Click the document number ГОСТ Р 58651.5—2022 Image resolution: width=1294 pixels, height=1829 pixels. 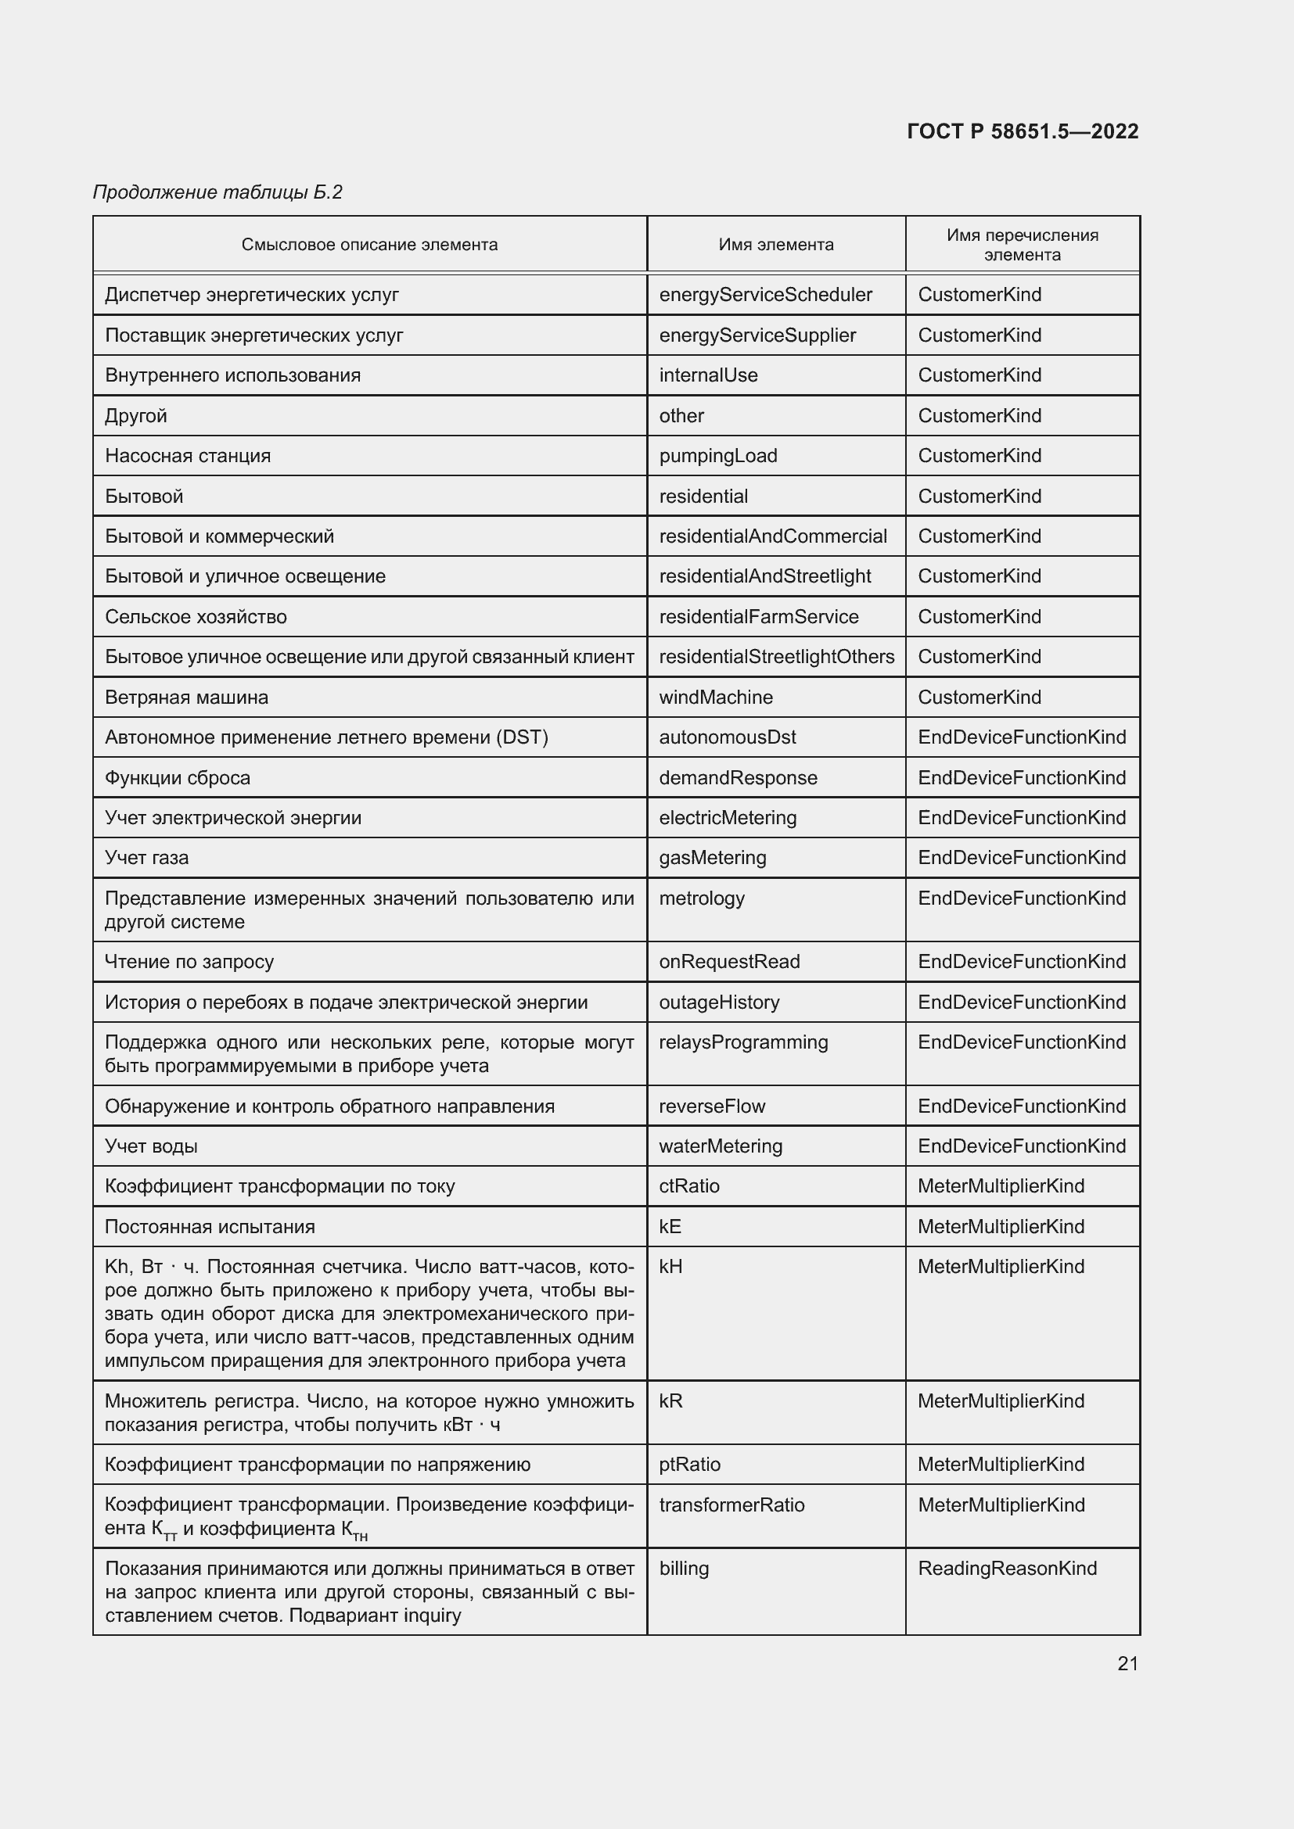pyautogui.click(x=1023, y=131)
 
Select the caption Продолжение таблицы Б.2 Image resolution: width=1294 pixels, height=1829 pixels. pyautogui.click(x=217, y=192)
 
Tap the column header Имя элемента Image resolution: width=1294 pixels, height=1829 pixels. pyautogui.click(x=775, y=245)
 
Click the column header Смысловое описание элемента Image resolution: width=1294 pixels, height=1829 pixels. pyautogui.click(x=370, y=245)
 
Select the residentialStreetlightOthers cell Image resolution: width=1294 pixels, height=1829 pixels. pyautogui.click(x=776, y=656)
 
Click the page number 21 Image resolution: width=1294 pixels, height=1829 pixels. pyautogui.click(x=1127, y=1663)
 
